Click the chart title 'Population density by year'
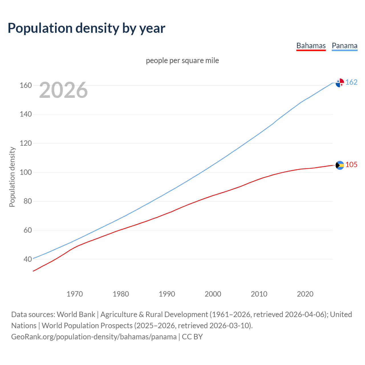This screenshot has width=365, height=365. tap(86, 28)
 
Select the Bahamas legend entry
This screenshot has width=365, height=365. tap(311, 46)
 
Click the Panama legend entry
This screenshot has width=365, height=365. tap(344, 46)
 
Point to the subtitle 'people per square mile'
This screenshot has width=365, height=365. tap(182, 60)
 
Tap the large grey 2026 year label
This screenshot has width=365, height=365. tap(63, 90)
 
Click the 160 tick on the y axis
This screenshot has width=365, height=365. tap(26, 85)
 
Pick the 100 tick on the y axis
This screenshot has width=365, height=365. tap(26, 172)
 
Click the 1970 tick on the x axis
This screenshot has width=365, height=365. tap(75, 294)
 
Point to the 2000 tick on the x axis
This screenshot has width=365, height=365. tap(213, 294)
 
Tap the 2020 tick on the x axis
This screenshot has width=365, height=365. tap(305, 294)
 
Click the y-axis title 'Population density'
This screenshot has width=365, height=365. tap(12, 177)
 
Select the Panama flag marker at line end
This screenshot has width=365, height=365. tap(340, 83)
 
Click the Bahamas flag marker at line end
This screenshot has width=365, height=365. tap(340, 165)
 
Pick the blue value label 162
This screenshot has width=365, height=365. tap(351, 82)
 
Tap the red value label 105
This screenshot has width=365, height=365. tap(351, 165)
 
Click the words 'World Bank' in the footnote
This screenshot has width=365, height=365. tap(76, 314)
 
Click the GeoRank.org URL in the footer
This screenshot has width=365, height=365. tap(94, 336)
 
